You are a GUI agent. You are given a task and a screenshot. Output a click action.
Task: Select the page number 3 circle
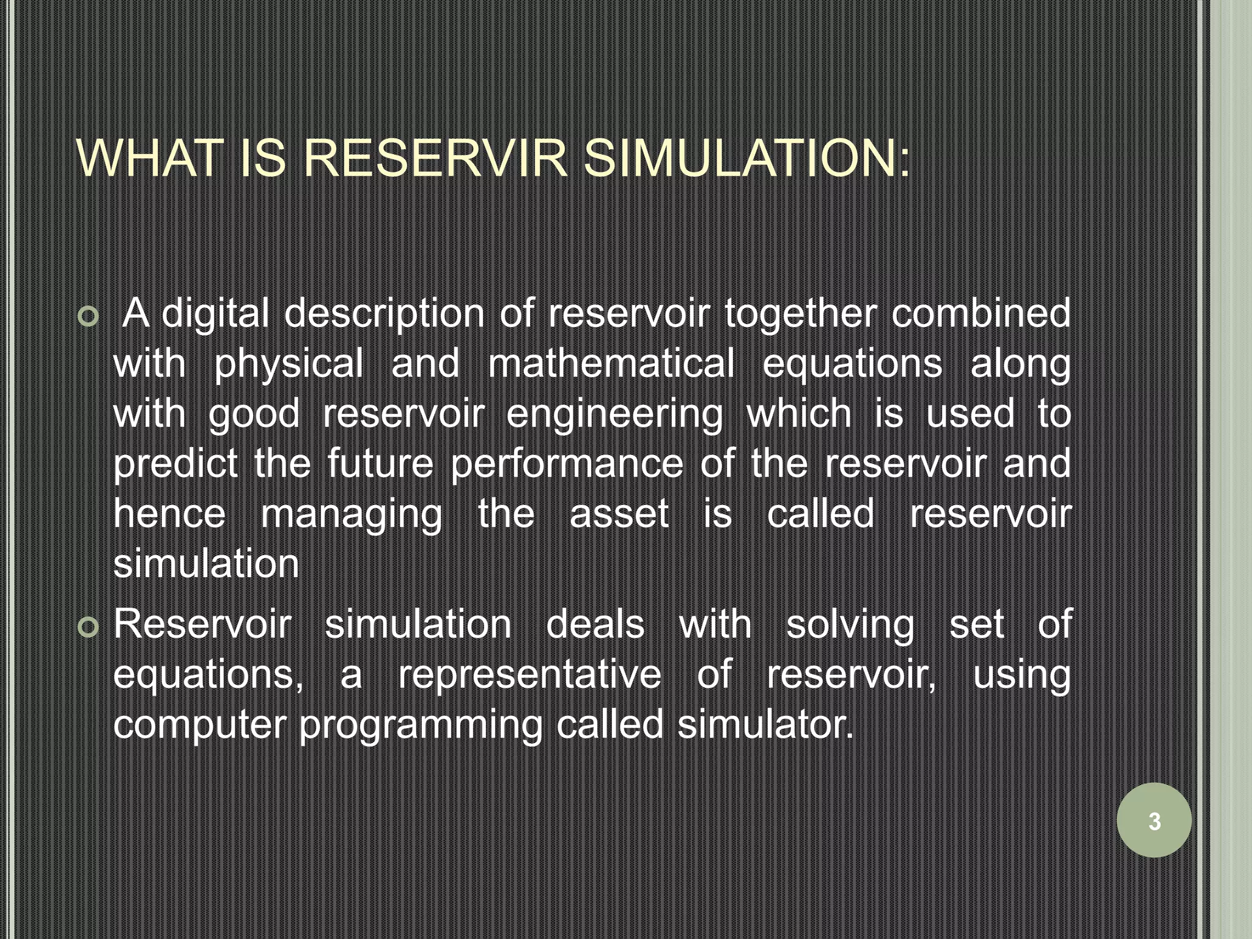[x=1154, y=820]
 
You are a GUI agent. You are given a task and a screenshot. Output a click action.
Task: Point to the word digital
[x=215, y=314]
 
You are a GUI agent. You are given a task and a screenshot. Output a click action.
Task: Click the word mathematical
[x=611, y=364]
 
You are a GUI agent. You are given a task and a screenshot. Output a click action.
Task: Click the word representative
[x=529, y=676]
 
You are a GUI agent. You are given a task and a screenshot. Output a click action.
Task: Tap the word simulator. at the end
[x=765, y=725]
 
